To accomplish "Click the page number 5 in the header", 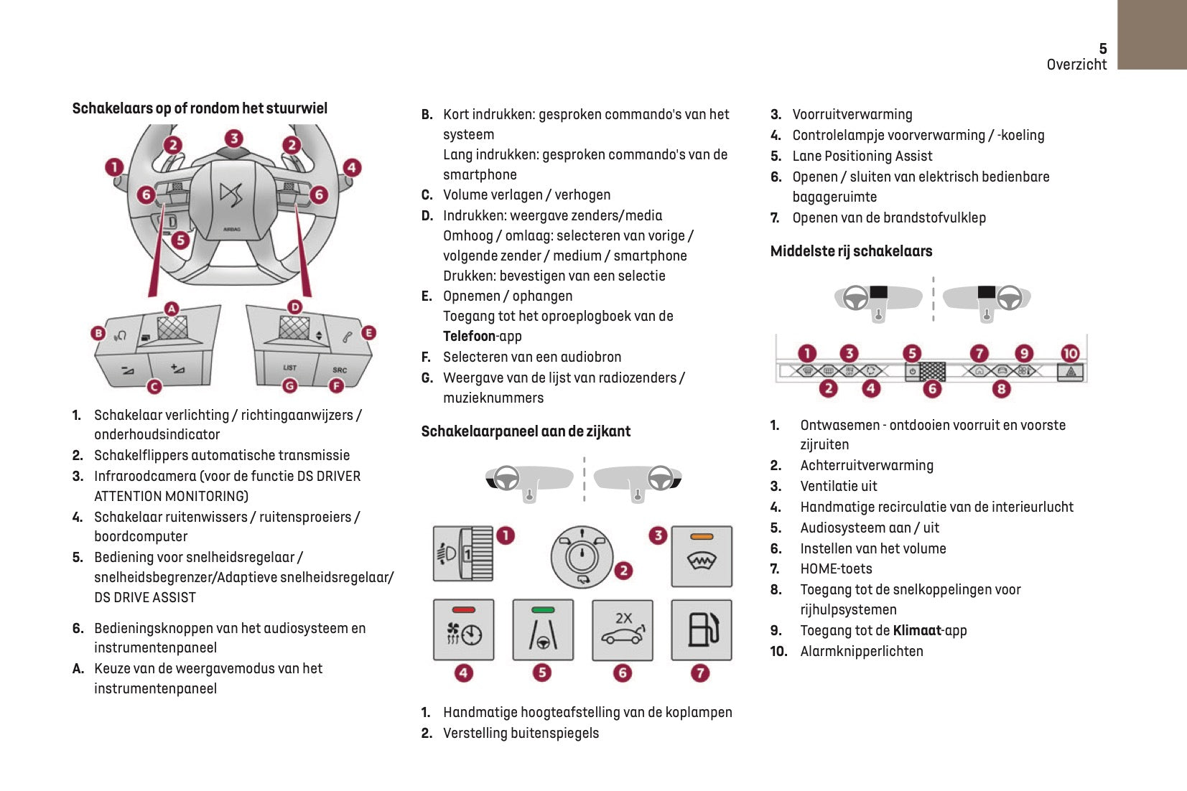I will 1103,48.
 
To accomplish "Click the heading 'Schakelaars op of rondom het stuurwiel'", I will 200,108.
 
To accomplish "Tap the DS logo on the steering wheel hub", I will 231,194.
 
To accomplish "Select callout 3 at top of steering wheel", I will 233,138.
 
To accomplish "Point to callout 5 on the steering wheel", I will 180,240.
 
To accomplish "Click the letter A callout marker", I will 171,309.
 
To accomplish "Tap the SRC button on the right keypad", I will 340,370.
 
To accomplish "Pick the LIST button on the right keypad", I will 289,368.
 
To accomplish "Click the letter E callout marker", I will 368,332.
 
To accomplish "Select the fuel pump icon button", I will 702,629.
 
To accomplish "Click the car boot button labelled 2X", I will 623,629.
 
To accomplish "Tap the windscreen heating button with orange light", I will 702,556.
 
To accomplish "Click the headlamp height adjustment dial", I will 463,553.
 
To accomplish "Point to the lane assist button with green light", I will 543,629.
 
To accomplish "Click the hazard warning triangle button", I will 1071,372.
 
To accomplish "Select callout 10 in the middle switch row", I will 1070,353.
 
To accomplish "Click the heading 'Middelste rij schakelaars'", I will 851,251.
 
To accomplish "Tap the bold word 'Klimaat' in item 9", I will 917,630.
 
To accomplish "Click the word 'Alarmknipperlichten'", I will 862,651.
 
